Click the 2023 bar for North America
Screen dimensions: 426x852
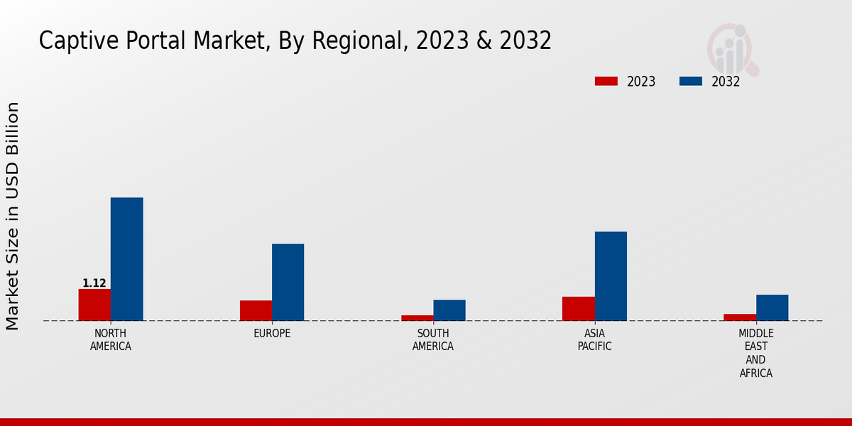coord(94,305)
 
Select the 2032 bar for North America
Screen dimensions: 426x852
coord(126,259)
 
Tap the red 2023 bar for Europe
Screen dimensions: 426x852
coord(256,310)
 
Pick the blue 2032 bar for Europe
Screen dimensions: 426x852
coord(288,282)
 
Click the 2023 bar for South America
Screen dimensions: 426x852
coord(417,317)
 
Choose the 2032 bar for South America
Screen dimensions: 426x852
coord(449,310)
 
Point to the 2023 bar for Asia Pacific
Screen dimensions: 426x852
coord(578,308)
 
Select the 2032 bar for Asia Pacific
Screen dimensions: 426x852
coord(611,276)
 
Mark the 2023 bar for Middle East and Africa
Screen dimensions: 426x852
coord(740,317)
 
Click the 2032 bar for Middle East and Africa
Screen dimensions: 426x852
coord(772,307)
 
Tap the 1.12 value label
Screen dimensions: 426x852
coord(94,283)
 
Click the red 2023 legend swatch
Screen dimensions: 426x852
coord(606,81)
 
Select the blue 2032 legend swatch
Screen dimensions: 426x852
coord(690,81)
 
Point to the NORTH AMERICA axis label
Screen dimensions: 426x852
coord(111,340)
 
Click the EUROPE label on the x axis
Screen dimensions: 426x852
coord(272,334)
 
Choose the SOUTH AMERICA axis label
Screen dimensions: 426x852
coord(433,340)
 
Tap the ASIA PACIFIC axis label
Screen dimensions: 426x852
coord(594,340)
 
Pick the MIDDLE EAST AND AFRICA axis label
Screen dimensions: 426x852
coord(755,354)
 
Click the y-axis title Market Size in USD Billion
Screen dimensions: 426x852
coord(13,216)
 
